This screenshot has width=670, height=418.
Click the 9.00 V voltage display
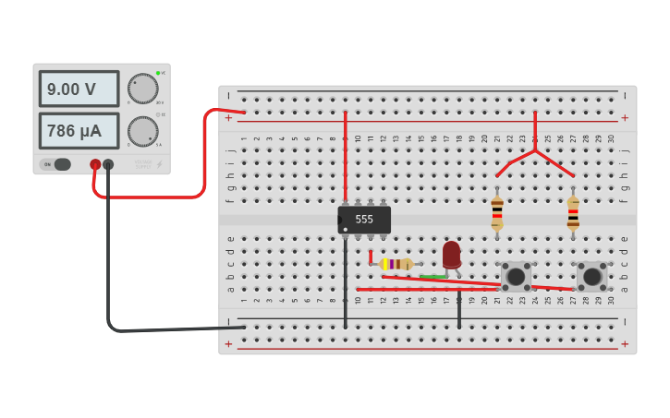coord(79,90)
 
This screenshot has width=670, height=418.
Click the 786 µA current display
coord(79,131)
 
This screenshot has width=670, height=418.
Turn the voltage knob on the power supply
coord(142,89)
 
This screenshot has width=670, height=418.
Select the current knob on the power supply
coord(142,131)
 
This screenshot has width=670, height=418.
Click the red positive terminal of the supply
coord(95,164)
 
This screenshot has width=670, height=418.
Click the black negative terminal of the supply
coord(108,164)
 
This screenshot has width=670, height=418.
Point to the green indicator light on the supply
coord(158,73)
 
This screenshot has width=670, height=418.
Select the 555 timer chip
coord(364,220)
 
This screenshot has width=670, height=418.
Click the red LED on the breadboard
coord(451,254)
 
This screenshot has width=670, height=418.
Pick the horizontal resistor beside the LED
coord(396,264)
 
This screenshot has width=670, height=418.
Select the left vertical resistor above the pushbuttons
coord(497,212)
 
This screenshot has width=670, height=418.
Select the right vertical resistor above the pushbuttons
coord(573,212)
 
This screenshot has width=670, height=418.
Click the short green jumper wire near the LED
coord(432,276)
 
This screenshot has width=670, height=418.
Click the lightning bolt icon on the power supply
coord(159,164)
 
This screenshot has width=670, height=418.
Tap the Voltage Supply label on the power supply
coord(141,164)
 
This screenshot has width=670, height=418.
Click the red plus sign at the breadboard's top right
coord(625,117)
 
